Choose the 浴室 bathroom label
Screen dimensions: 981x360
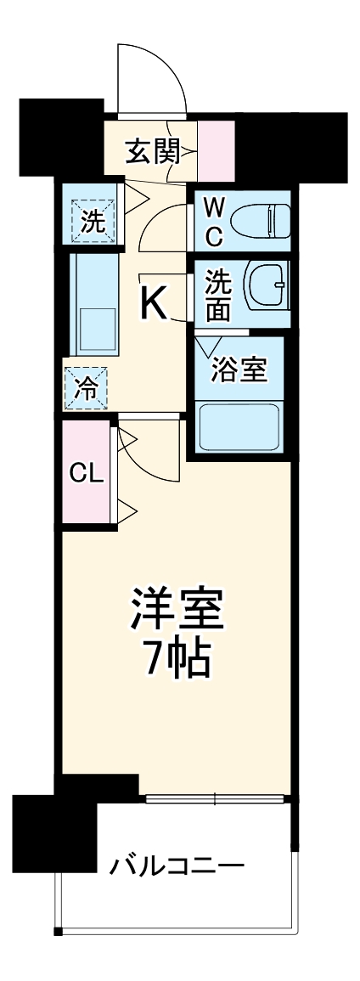(240, 370)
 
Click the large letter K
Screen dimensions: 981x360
(155, 303)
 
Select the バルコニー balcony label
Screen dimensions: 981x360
(177, 867)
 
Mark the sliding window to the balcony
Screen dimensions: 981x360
(216, 798)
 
